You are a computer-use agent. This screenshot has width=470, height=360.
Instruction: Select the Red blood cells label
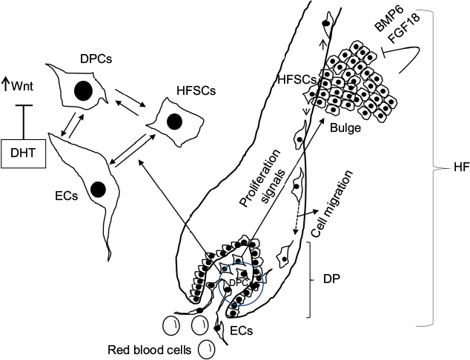[153, 349]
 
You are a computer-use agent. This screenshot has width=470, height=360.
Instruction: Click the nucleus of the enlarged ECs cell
[97, 190]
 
